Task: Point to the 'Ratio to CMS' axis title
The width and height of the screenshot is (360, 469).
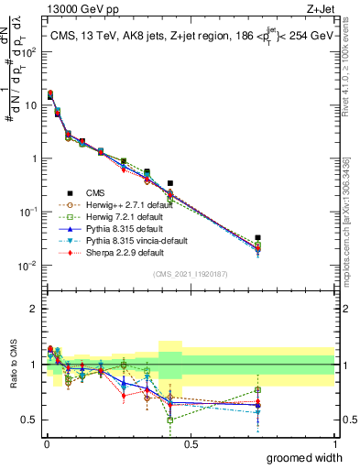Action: coord(13,364)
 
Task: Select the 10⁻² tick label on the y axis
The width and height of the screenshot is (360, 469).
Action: coord(27,266)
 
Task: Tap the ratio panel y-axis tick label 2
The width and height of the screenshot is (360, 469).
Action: coord(34,309)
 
